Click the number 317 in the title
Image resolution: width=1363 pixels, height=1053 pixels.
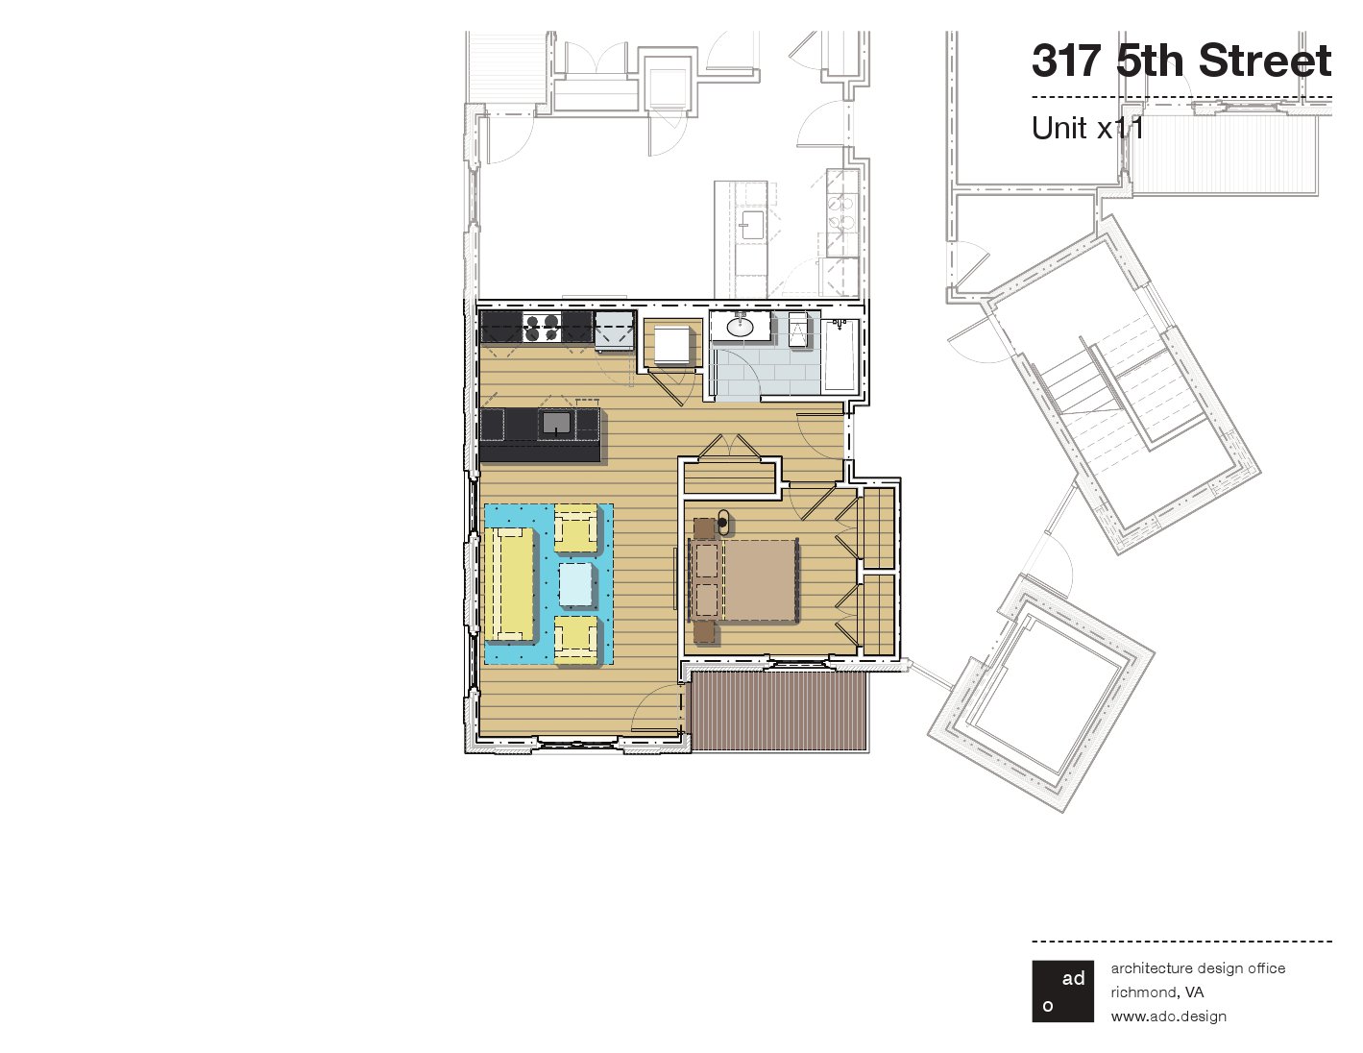tap(1067, 61)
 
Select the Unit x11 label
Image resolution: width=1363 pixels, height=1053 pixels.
tap(1087, 128)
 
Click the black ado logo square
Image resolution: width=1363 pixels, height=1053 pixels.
tap(1062, 991)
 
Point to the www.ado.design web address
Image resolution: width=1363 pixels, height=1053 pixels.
tap(1169, 1016)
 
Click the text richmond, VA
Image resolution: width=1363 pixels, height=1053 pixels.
tap(1157, 992)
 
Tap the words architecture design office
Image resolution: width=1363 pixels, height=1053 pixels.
tap(1198, 968)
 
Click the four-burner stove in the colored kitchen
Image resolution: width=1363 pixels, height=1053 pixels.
tap(542, 328)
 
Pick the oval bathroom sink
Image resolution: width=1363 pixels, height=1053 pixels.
tap(742, 327)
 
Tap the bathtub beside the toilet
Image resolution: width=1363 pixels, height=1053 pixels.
tap(840, 355)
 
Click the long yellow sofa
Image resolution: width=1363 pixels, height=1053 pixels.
tap(510, 584)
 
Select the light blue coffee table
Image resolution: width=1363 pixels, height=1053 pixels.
tap(576, 584)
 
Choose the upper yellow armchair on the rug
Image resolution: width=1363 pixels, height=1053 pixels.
tap(575, 528)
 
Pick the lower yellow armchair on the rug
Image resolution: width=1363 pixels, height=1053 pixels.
tap(575, 640)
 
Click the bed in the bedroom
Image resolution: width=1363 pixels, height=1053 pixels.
tap(743, 580)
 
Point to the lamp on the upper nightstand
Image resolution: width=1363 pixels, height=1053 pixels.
tap(723, 522)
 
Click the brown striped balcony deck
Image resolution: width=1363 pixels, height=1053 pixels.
tap(778, 711)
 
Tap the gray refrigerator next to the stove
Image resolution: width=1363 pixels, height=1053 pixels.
tap(615, 329)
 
